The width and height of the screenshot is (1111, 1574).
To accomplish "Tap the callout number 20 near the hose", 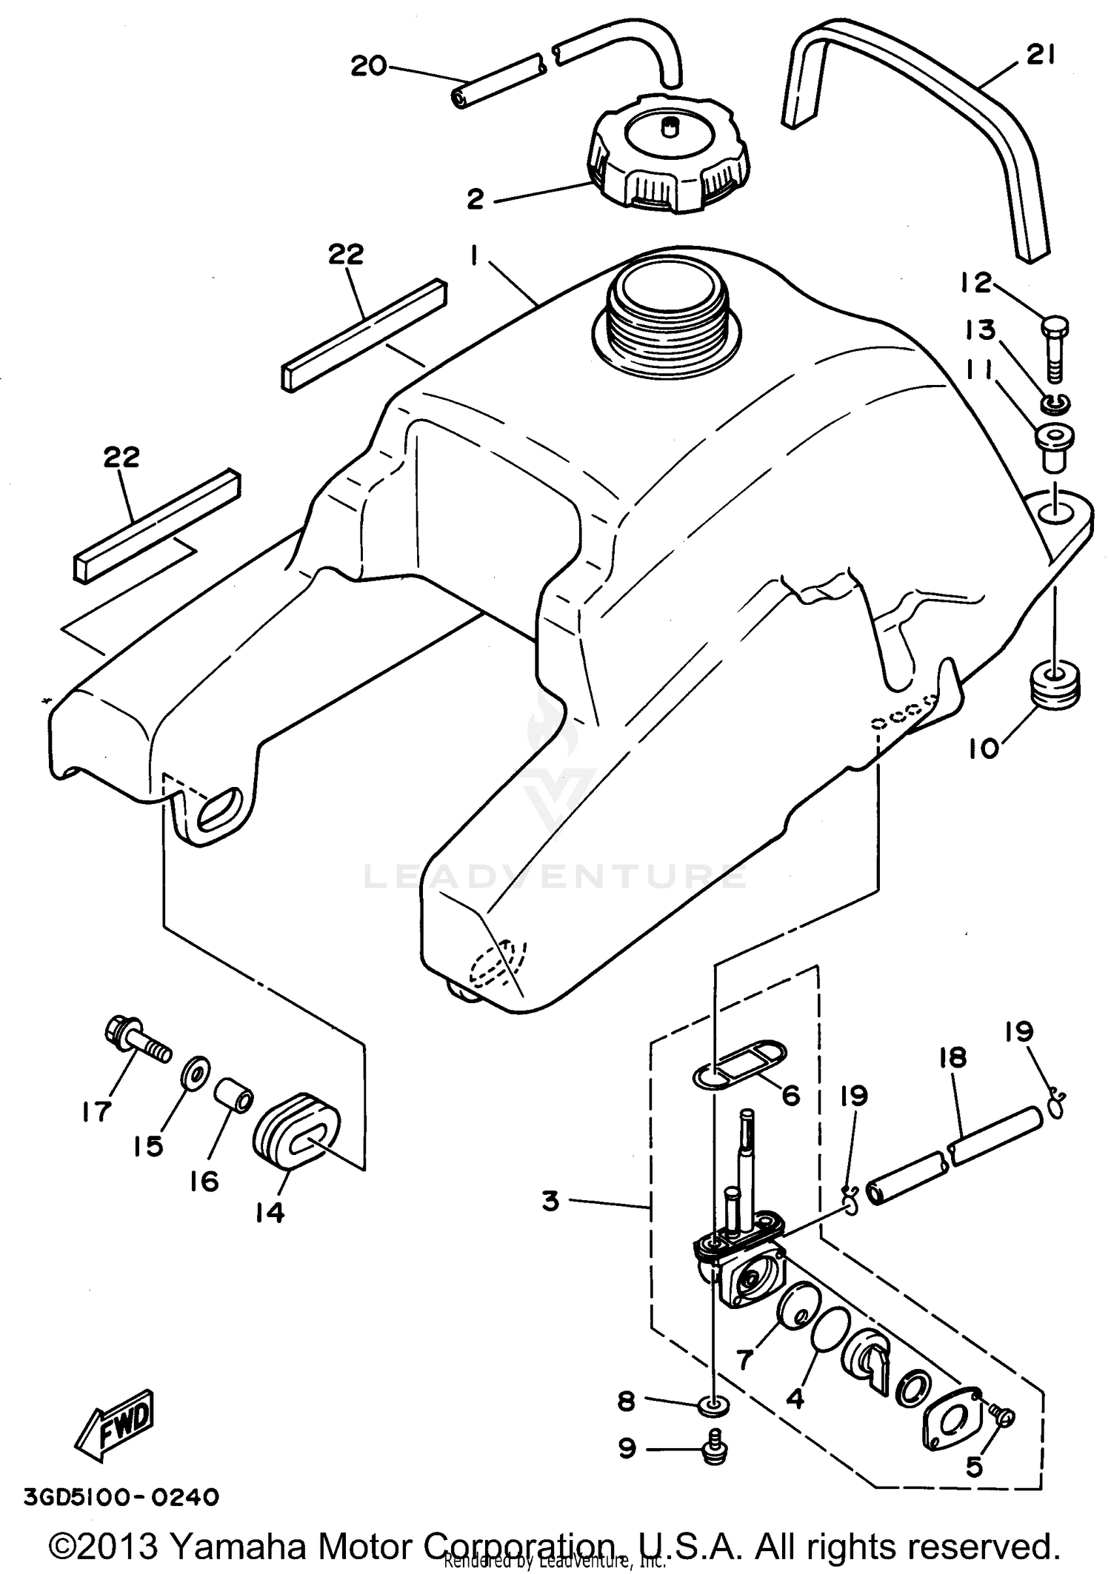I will (x=368, y=67).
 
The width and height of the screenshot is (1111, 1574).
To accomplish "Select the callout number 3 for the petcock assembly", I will (x=550, y=1201).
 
